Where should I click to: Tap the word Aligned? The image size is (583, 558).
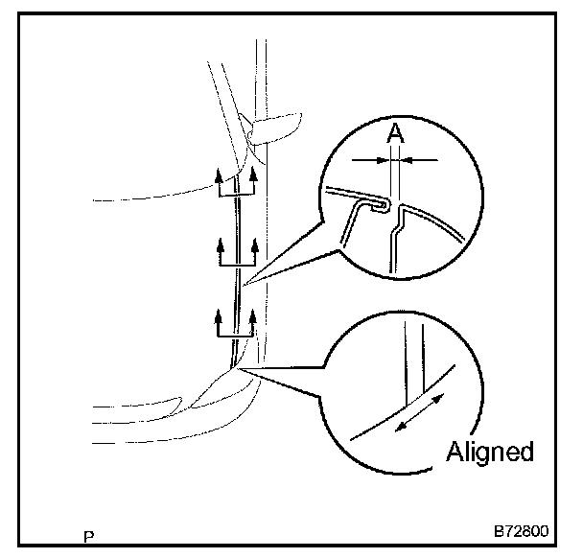(x=489, y=453)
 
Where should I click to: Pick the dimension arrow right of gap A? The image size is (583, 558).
(x=420, y=158)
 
